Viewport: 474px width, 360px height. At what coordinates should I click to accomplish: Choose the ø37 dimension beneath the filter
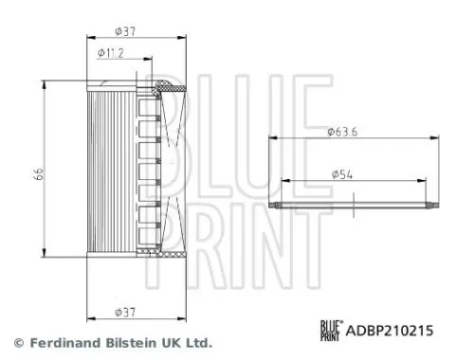coord(123,310)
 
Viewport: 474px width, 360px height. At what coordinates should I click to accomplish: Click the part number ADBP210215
coord(390,331)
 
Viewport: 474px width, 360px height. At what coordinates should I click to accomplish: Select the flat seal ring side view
coord(354,205)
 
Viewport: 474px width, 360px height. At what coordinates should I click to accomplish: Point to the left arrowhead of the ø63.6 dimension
coord(272,139)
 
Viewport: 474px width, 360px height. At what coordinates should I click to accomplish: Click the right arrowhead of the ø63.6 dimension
coord(438,139)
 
